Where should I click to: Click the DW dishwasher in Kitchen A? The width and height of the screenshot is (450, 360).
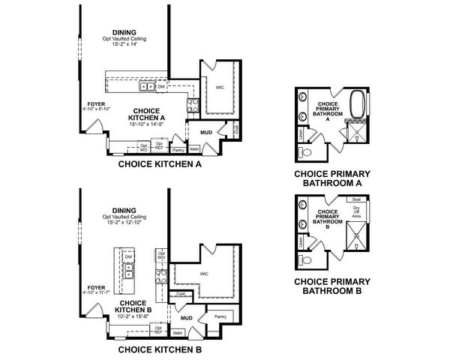pyautogui.click(x=161, y=86)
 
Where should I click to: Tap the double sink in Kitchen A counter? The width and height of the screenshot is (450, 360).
pyautogui.click(x=147, y=86)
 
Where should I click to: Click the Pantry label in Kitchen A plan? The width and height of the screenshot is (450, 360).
pyautogui.click(x=178, y=150)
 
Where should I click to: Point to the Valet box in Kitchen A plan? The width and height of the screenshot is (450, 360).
pyautogui.click(x=194, y=150)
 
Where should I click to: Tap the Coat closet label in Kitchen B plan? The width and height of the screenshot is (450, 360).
pyautogui.click(x=181, y=293)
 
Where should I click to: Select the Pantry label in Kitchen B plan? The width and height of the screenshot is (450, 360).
pyautogui.click(x=220, y=317)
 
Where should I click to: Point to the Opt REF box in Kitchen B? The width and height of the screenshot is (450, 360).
pyautogui.click(x=158, y=328)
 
